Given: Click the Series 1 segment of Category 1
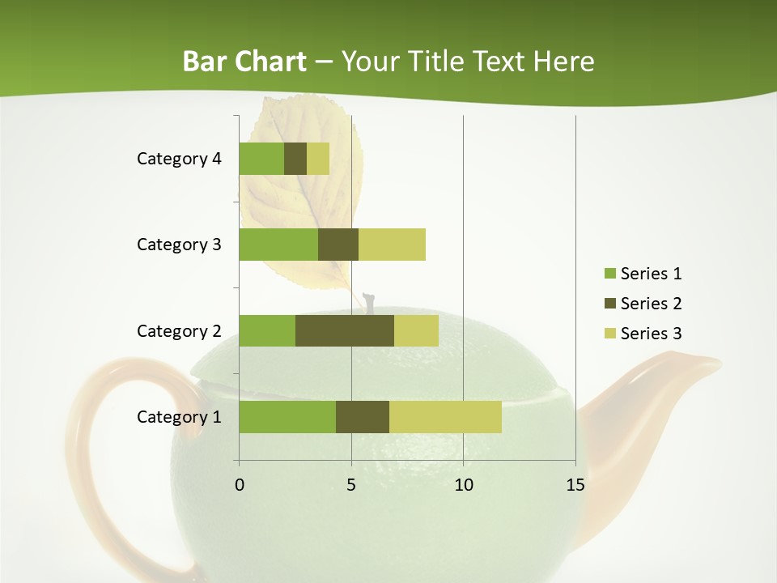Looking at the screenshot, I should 287,417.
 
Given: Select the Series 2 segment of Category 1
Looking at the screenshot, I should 363,417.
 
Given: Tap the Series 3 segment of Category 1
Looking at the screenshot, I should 445,417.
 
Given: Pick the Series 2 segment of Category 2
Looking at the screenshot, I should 345,330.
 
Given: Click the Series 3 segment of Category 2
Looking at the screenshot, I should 416,330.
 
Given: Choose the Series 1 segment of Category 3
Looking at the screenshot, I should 278,245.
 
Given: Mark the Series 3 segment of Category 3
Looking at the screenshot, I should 392,245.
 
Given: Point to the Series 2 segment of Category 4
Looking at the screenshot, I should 295,159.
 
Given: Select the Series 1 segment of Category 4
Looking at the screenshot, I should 261,159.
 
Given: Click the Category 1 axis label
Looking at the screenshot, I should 179,417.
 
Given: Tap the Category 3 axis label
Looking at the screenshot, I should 179,245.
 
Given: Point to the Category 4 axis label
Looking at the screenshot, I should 179,159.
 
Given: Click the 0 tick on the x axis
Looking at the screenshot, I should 240,485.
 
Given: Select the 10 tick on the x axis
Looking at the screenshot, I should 463,485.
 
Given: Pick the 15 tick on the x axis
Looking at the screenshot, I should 575,485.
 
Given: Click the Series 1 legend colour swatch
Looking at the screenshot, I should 609,274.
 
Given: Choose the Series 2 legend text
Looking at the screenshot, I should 651,304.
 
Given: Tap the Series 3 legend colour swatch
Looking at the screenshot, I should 609,334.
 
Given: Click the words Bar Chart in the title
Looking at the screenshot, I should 244,62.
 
